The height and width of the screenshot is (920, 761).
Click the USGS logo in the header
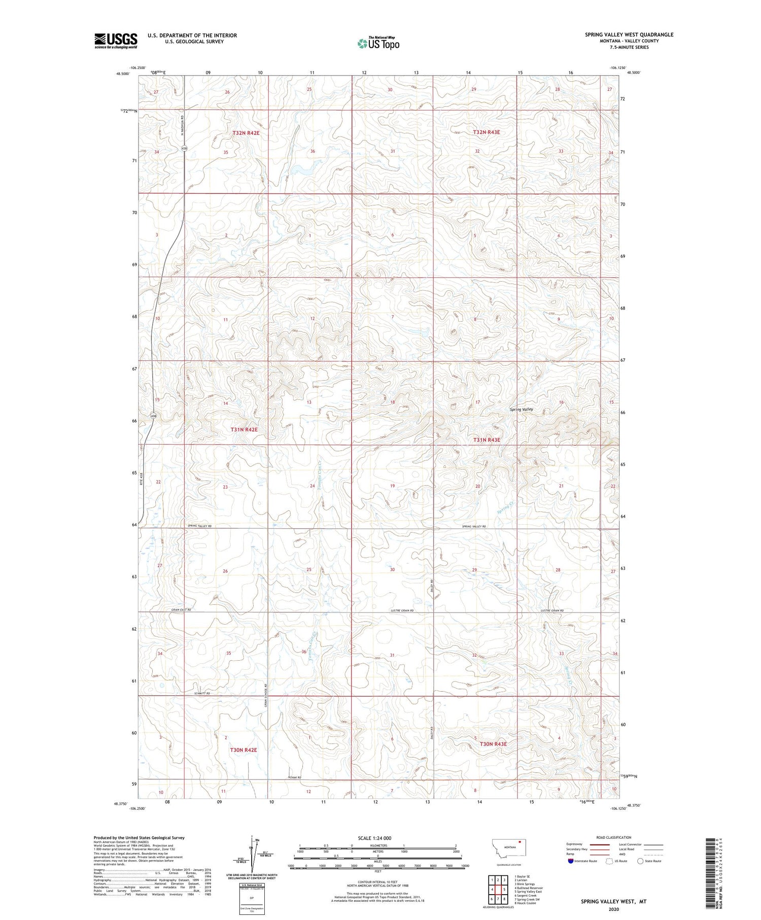point(116,41)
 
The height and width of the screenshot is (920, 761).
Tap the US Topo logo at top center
point(378,43)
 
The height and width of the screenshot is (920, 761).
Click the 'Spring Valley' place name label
point(521,409)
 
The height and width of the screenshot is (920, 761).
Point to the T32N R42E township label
point(246,133)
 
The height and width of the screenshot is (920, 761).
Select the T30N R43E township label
point(493,744)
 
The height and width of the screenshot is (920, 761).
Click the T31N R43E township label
point(487,440)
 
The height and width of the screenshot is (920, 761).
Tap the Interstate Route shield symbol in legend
point(570,861)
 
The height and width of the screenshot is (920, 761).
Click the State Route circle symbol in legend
point(640,861)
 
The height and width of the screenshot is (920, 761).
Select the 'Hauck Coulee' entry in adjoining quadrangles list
point(526,903)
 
